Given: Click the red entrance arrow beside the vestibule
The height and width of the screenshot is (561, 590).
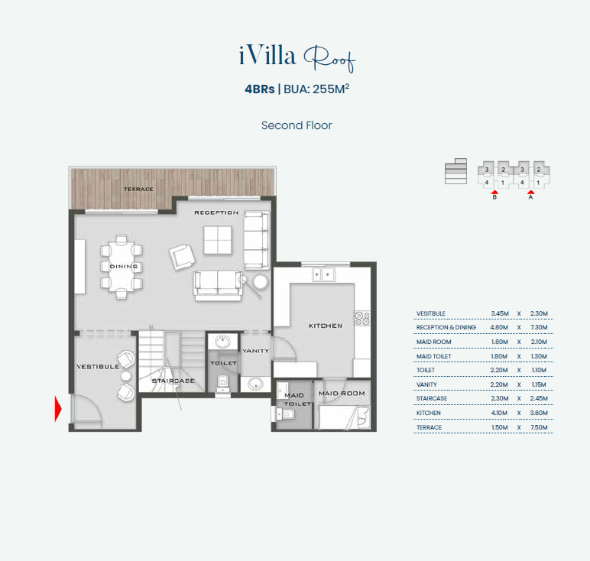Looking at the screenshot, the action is pyautogui.click(x=58, y=409).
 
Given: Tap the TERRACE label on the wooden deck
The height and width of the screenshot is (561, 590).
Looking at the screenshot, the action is pyautogui.click(x=138, y=189).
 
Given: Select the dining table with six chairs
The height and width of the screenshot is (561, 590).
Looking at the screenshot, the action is pyautogui.click(x=122, y=267).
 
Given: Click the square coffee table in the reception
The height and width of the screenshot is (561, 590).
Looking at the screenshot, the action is pyautogui.click(x=218, y=240).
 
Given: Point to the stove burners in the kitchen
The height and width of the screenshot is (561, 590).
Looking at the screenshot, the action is pyautogui.click(x=362, y=318).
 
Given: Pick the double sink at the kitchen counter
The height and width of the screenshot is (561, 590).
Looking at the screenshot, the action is pyautogui.click(x=323, y=274).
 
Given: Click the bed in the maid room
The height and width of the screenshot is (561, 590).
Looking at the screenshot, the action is pyautogui.click(x=345, y=417).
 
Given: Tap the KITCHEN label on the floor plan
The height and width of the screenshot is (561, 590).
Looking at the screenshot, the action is pyautogui.click(x=326, y=326).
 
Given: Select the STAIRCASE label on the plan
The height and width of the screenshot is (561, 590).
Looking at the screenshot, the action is pyautogui.click(x=173, y=381).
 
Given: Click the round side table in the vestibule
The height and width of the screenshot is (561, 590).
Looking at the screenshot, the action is pyautogui.click(x=125, y=376).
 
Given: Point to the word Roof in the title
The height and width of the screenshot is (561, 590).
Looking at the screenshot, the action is pyautogui.click(x=329, y=59).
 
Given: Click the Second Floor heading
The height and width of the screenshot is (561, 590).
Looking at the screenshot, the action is pyautogui.click(x=297, y=125).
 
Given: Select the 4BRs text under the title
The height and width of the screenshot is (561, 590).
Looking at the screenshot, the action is pyautogui.click(x=260, y=89).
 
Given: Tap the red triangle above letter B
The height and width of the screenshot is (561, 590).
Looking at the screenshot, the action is pyautogui.click(x=494, y=193).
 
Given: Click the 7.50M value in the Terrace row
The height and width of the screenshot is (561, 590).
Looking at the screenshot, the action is pyautogui.click(x=539, y=427).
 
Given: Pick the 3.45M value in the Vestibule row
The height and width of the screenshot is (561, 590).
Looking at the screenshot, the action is pyautogui.click(x=500, y=313).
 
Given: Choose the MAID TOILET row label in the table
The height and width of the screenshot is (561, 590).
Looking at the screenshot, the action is pyautogui.click(x=434, y=356).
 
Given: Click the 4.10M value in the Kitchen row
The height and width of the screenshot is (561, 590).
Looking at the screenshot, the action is pyautogui.click(x=499, y=413).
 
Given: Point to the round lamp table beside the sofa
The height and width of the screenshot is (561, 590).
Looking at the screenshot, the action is pyautogui.click(x=260, y=281).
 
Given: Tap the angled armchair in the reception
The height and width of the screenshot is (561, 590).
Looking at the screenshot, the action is pyautogui.click(x=182, y=257).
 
